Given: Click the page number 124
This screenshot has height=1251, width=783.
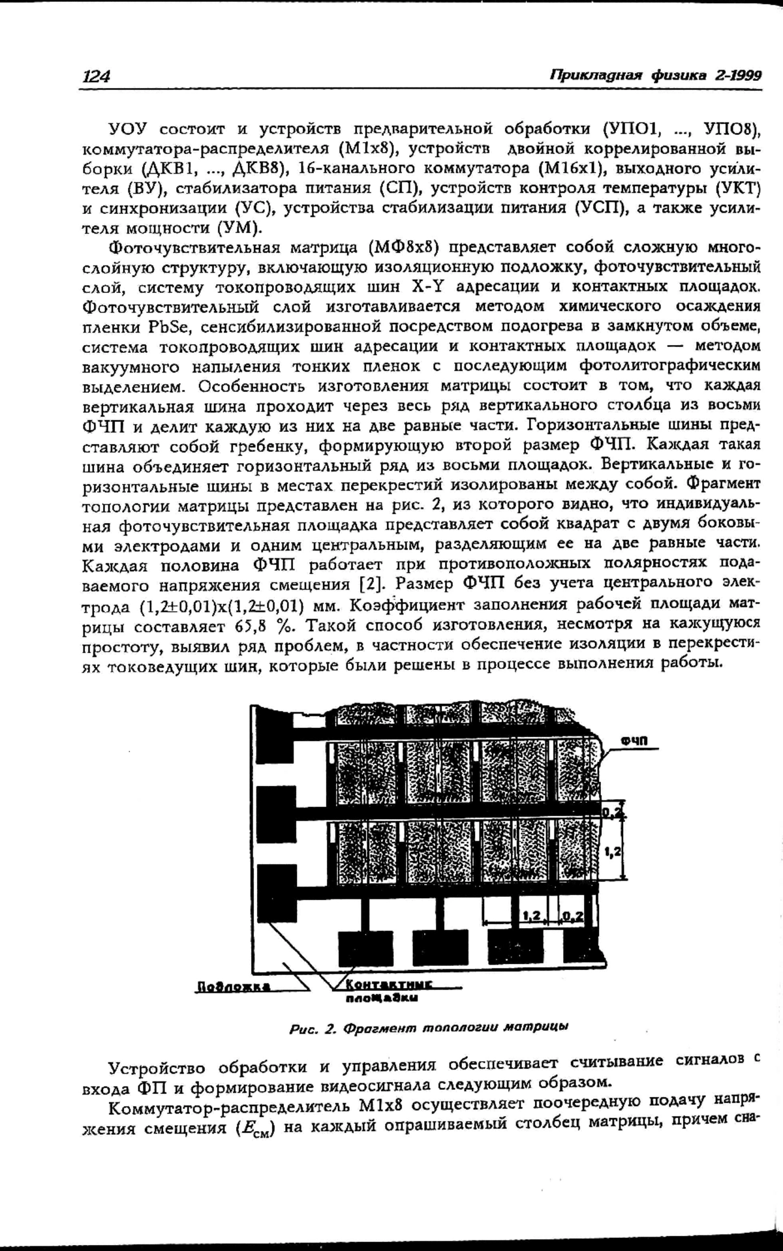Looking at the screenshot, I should point(95,76).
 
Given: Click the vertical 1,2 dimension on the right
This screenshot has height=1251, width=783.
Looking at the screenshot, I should point(612,851).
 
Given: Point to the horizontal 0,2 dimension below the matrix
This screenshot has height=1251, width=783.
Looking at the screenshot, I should point(572,916).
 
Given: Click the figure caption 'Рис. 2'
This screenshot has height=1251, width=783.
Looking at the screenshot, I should point(312,1029).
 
